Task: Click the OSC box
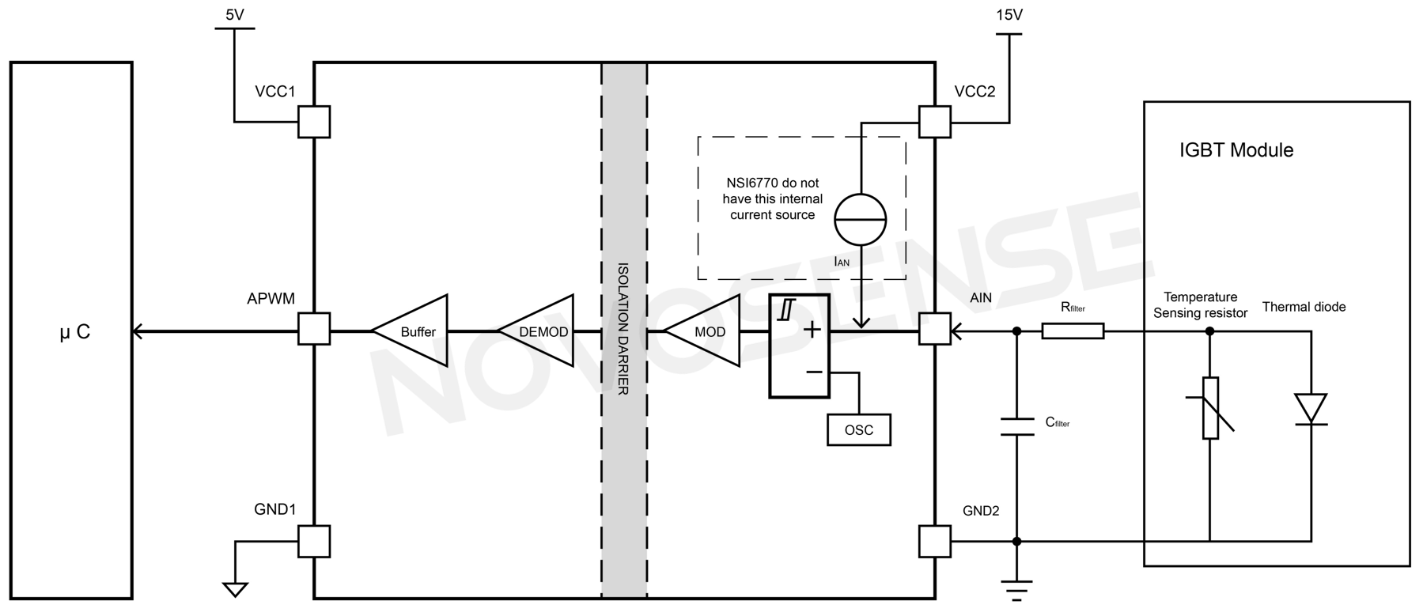pos(858,430)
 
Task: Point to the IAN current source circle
pos(861,219)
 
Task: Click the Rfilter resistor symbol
pos(1073,331)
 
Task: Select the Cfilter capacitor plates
pos(1017,427)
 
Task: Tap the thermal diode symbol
pos(1311,409)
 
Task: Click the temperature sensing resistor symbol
pos(1210,408)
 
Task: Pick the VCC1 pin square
pos(314,122)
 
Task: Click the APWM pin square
pos(314,328)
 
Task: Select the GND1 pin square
pos(314,542)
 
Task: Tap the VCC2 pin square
pos(934,122)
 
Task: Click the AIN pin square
pos(934,328)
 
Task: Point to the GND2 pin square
pos(934,542)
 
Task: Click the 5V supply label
pos(235,14)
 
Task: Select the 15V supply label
pos(1009,14)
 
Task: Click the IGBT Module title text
pos(1236,150)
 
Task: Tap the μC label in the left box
pos(75,332)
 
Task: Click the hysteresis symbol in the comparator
pos(785,309)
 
